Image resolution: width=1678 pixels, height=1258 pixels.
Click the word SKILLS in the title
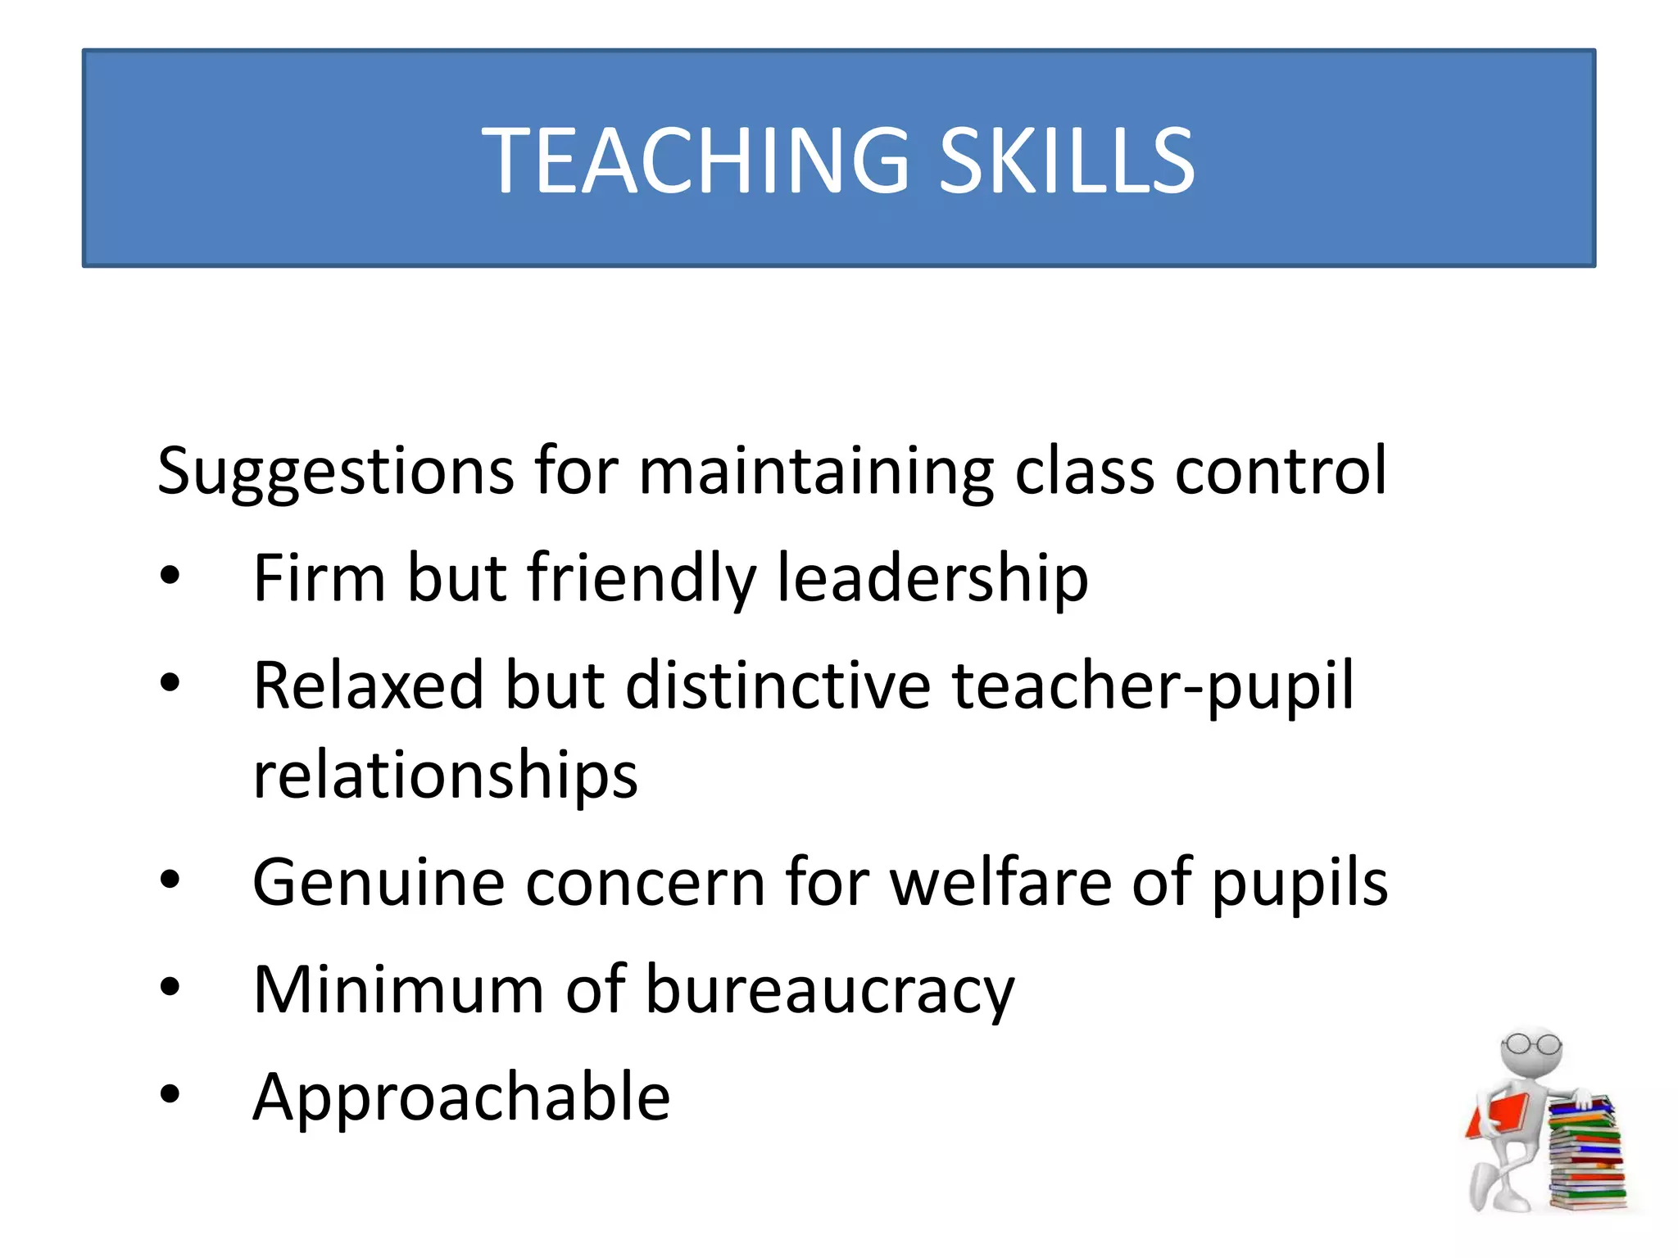[x=1066, y=161]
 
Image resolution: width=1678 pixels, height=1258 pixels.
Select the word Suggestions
[x=335, y=472]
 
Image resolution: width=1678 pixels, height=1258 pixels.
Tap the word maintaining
[x=815, y=472]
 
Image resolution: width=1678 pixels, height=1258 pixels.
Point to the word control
[x=1281, y=472]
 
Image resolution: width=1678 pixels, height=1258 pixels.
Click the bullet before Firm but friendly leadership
[x=170, y=577]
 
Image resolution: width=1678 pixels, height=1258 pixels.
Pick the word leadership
[x=932, y=578]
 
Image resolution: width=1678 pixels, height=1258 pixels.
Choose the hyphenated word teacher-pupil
[x=1152, y=686]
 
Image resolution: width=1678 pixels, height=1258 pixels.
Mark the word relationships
[x=445, y=775]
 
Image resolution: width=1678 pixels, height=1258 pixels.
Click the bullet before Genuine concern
[x=170, y=881]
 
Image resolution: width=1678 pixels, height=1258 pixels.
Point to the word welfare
[x=1000, y=882]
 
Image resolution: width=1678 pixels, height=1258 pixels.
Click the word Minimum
[x=398, y=989]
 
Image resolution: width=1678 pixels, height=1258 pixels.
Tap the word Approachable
[x=461, y=1097]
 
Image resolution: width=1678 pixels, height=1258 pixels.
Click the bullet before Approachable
[x=170, y=1094]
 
